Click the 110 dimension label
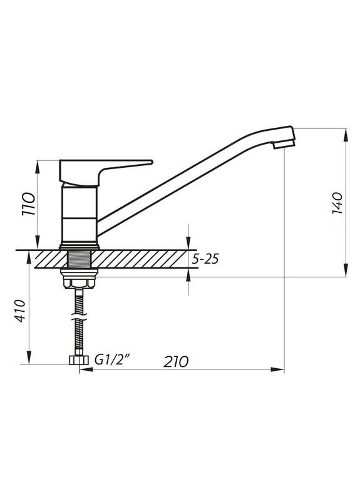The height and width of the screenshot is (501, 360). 28,204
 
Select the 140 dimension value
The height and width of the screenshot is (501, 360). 336,202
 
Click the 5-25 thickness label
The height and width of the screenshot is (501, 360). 206,259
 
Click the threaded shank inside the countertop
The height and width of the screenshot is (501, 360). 79,258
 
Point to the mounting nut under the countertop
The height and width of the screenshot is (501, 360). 78,279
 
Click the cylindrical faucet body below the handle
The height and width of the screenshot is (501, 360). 80,213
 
